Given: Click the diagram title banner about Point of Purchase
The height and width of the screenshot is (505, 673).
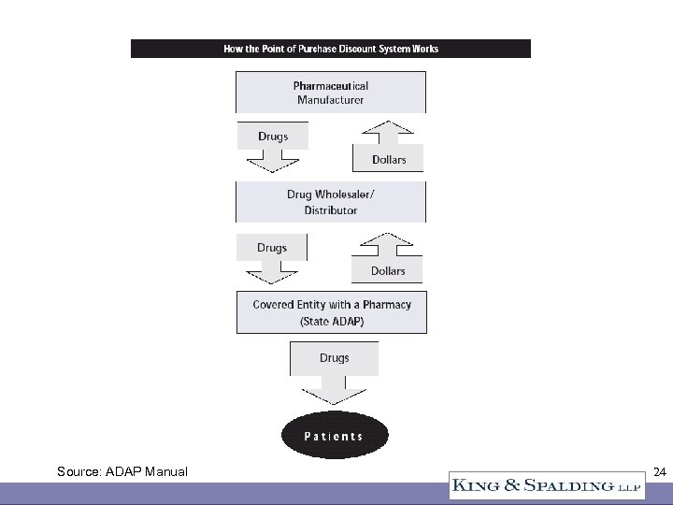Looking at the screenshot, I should pos(330,49).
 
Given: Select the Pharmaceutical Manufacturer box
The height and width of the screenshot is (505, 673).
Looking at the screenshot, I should pos(331,93).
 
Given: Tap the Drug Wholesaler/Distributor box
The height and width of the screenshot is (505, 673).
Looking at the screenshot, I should pos(331,202).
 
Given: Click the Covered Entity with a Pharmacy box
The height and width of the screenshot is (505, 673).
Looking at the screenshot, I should pos(332,312).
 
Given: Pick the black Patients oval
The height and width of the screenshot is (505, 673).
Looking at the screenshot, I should pos(334,436).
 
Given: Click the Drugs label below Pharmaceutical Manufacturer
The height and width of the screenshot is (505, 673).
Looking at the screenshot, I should pos(273,137).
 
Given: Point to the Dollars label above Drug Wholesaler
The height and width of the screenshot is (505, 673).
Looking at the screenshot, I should pos(389,160).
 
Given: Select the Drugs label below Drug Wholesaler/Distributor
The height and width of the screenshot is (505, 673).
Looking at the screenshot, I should pos(271,248).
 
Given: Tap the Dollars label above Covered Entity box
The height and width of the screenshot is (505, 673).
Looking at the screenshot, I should pos(387,271).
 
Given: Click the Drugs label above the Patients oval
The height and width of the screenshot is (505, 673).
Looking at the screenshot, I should pos(334,358).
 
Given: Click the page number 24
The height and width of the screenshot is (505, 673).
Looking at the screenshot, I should pos(659,472).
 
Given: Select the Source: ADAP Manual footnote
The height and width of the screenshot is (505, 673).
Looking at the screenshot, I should pos(122,472).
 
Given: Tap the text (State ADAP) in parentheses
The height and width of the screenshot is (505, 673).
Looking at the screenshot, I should pos(332,321).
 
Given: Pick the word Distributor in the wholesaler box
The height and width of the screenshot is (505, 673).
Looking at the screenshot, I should pos(331,210).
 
